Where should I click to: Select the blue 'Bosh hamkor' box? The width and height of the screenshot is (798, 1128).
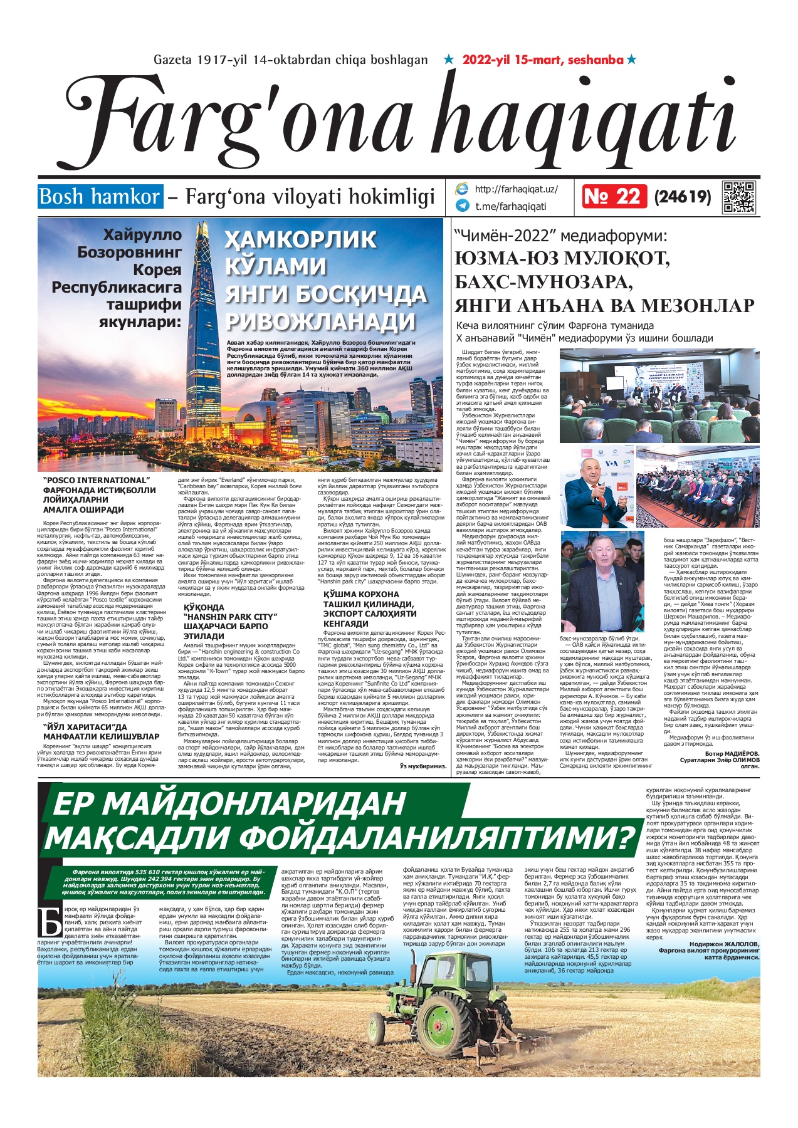pos(100,197)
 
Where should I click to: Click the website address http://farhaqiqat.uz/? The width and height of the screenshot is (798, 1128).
pos(516,189)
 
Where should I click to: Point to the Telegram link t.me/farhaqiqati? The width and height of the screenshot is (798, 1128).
pos(510,206)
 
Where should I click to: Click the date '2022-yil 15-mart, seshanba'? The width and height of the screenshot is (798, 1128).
pos(543,60)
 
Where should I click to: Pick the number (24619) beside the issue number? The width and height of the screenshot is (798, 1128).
pos(682,197)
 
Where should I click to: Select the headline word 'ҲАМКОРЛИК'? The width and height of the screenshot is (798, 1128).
pos(300,239)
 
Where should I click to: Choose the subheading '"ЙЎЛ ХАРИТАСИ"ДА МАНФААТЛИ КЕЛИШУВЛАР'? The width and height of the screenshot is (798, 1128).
pos(100,732)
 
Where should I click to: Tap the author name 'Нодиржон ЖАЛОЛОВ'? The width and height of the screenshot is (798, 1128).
pos(723,944)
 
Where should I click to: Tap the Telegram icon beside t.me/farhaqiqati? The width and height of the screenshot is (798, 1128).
pos(463,206)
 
